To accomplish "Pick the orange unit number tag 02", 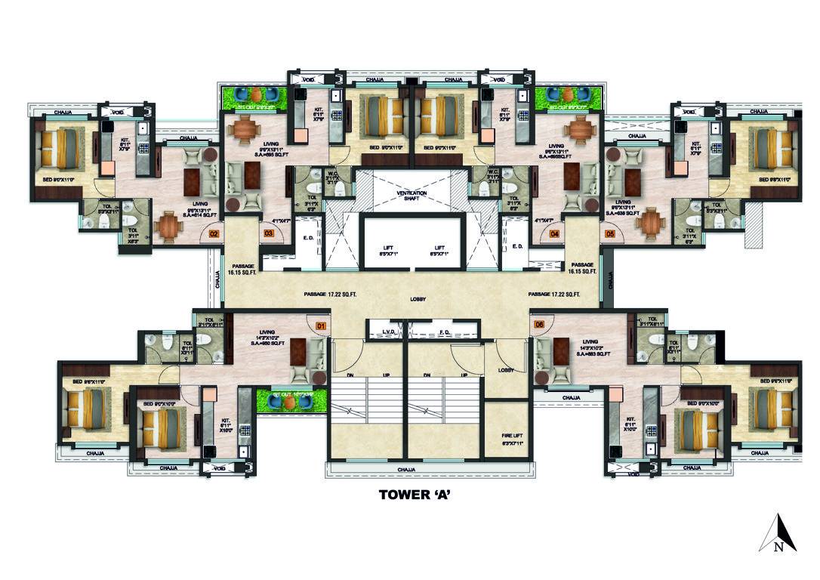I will coord(214,235).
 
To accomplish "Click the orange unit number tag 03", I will coord(268,234).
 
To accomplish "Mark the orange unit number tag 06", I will coord(538,325).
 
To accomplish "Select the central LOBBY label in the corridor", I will coord(418,300).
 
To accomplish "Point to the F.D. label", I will coord(445,332).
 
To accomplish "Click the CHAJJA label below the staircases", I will coord(406,470).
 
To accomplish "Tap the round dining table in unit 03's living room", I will coord(244,129).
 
